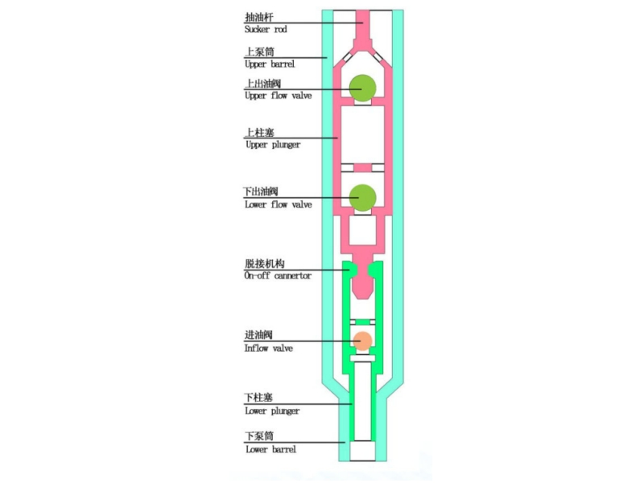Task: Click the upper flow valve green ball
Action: click(x=363, y=88)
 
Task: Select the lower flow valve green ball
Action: click(x=363, y=197)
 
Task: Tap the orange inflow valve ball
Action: click(x=363, y=341)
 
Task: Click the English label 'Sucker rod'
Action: click(x=266, y=29)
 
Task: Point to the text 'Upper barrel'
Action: click(x=270, y=64)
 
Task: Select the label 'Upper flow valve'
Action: click(x=278, y=96)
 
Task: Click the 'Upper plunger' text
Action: click(x=273, y=145)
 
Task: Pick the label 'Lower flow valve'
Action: click(x=278, y=204)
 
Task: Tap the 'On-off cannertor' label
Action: click(x=278, y=275)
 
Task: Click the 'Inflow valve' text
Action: click(x=269, y=349)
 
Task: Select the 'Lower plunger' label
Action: click(x=272, y=411)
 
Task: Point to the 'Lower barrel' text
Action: click(x=270, y=449)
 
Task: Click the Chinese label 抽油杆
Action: click(x=258, y=17)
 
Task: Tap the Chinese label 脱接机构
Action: click(x=265, y=264)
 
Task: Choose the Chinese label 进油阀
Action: click(x=258, y=335)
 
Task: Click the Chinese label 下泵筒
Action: click(x=259, y=436)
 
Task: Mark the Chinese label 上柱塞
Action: click(x=259, y=133)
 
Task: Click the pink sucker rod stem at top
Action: click(x=363, y=25)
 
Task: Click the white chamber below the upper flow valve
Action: click(x=363, y=134)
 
